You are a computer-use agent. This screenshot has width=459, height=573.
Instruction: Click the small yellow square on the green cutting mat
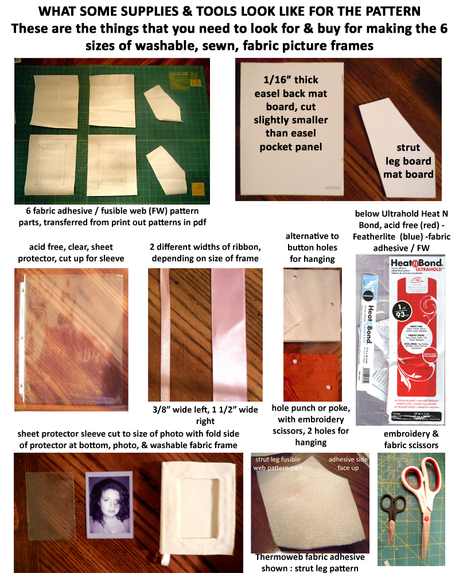pyautogui.click(x=198, y=187)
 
